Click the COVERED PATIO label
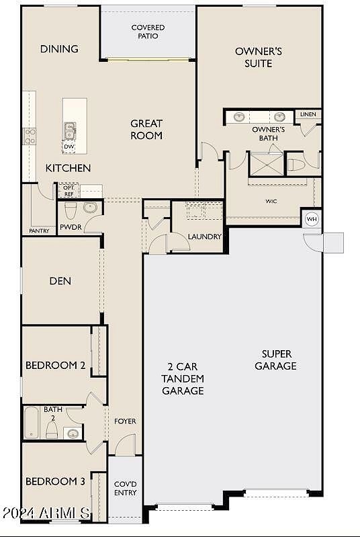(148, 32)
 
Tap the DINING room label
(59, 49)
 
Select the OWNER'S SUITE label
(259, 57)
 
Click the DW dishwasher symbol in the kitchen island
(69, 147)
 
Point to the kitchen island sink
(70, 131)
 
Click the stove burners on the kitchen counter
(30, 136)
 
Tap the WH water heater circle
(312, 219)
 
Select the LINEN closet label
(308, 114)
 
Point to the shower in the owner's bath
(267, 164)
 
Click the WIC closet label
(271, 202)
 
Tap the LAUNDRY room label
(205, 237)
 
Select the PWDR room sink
(91, 207)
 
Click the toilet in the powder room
(70, 210)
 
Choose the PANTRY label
(39, 231)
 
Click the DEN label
(60, 281)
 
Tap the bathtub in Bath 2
(32, 423)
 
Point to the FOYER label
(125, 421)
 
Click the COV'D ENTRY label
(125, 489)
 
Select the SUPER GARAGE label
(276, 360)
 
